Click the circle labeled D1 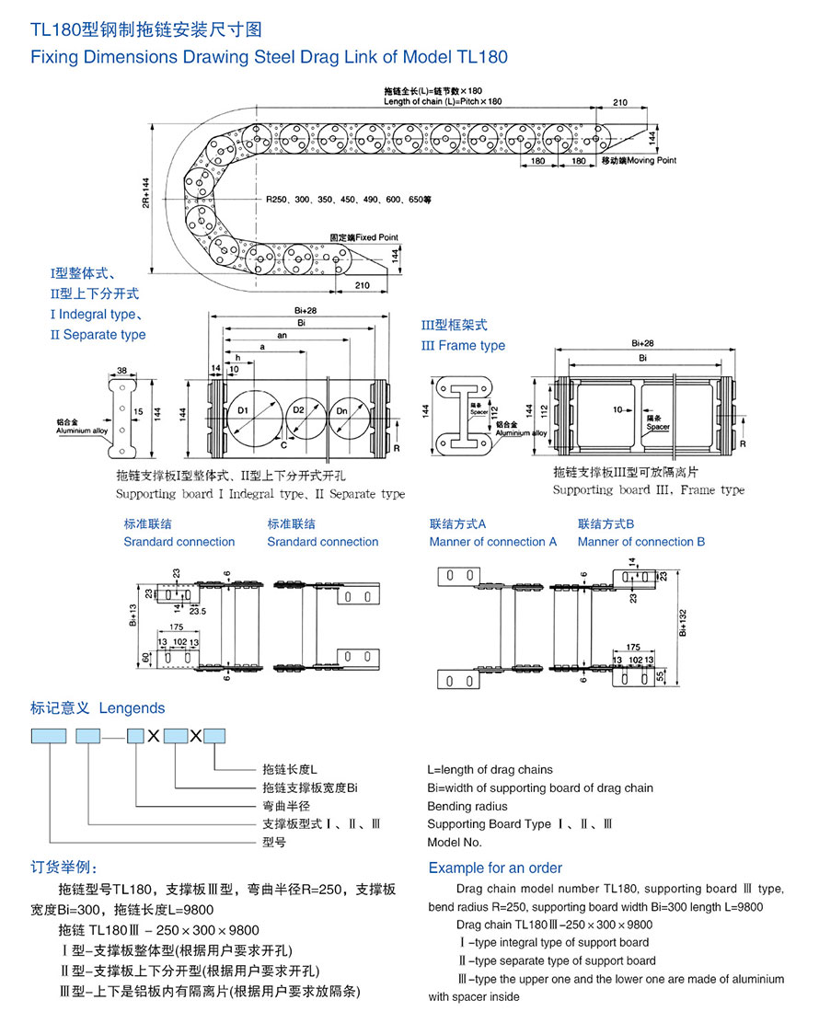pos(246,411)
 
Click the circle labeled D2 pos(299,411)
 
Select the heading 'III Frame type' pos(463,346)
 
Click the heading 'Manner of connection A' pos(492,542)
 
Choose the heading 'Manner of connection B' pos(640,542)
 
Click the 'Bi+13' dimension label pos(133,610)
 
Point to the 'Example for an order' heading pos(495,868)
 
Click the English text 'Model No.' pos(454,842)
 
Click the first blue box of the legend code pos(50,735)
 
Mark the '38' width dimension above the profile pos(121,372)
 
